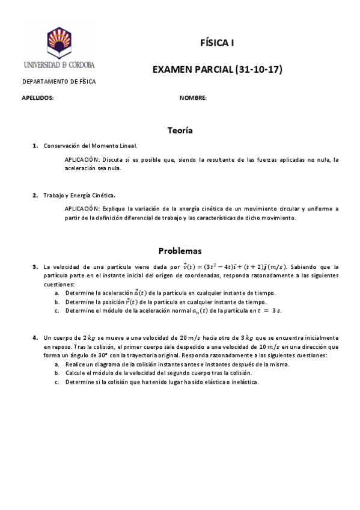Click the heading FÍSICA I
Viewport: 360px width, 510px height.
click(217, 43)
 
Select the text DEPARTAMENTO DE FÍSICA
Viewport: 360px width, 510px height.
click(59, 82)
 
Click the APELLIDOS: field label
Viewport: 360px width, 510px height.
click(38, 97)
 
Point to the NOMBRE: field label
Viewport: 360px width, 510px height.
click(193, 97)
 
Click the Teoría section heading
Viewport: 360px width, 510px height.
click(180, 130)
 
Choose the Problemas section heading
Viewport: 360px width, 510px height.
click(180, 250)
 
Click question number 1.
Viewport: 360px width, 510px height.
click(35, 146)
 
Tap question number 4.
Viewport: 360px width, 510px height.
click(35, 338)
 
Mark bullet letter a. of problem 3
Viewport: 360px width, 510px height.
click(56, 292)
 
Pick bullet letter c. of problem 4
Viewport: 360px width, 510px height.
click(56, 382)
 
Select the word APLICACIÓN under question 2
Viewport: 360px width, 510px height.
click(82, 209)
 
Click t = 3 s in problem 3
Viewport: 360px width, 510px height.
click(269, 310)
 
